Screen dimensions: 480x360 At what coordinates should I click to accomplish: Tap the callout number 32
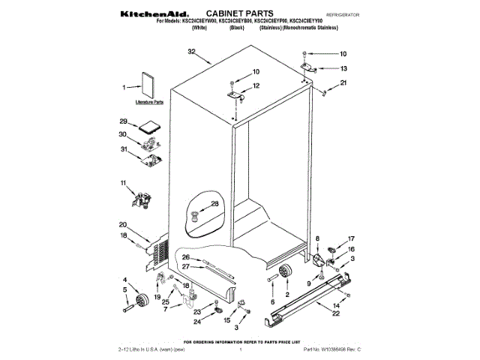click(x=191, y=52)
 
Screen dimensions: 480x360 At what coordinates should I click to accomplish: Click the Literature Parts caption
click(x=149, y=101)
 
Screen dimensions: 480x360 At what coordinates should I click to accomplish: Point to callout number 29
click(x=123, y=121)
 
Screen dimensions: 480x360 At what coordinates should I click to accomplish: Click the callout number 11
click(x=123, y=182)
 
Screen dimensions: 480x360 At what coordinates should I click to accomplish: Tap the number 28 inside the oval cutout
click(x=214, y=203)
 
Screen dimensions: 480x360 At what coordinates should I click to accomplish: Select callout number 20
click(x=123, y=224)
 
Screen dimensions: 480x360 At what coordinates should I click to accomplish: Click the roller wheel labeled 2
click(x=285, y=274)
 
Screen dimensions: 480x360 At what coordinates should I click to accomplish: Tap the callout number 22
click(x=335, y=313)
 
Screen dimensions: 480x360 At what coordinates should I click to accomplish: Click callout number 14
click(x=335, y=306)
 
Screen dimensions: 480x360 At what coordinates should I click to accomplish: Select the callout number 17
click(x=350, y=240)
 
